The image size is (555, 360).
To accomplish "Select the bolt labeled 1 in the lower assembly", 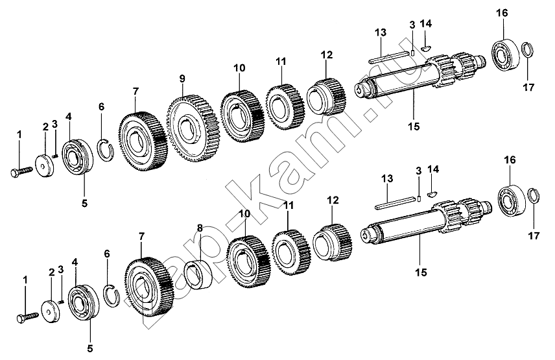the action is tap(27, 316).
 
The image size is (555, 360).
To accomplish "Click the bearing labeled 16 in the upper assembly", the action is tap(504, 56).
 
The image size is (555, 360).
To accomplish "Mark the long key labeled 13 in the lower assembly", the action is tap(396, 203).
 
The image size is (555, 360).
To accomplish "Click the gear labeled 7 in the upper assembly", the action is tap(143, 141).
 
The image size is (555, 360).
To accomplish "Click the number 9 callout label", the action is tap(182, 78).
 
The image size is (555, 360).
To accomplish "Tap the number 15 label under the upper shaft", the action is tap(414, 126).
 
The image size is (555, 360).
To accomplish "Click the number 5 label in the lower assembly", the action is tap(90, 348).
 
